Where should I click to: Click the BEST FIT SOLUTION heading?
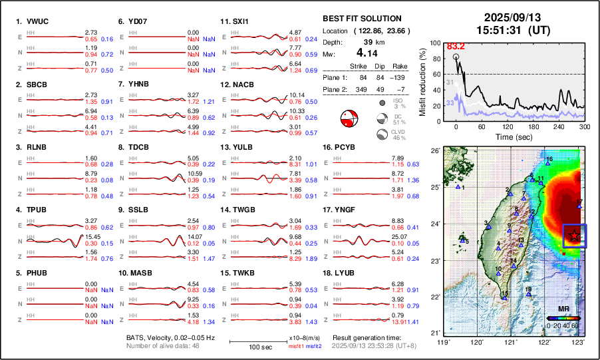pyautogui.click(x=361, y=19)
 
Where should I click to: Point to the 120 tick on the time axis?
pyautogui.click(x=507, y=126)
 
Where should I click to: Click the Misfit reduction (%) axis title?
pyautogui.click(x=423, y=82)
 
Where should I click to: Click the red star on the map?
pyautogui.click(x=574, y=235)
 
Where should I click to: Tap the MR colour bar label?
pyautogui.click(x=562, y=309)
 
